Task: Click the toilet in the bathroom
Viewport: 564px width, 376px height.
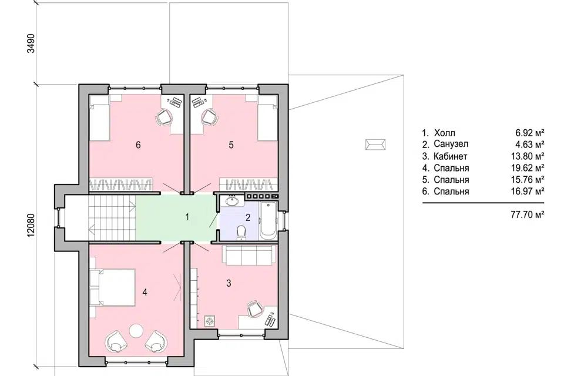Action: click(241, 232)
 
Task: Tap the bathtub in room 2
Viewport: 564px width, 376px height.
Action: click(268, 220)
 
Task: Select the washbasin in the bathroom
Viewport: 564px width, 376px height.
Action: click(233, 201)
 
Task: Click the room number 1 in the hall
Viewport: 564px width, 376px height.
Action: click(187, 217)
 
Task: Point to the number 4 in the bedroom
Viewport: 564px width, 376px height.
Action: click(145, 292)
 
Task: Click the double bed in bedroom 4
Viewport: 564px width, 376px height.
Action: click(112, 287)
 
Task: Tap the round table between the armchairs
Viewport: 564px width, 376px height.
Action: click(136, 331)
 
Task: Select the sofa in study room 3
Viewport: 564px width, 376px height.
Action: click(249, 254)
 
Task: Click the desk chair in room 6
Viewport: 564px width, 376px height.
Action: click(163, 117)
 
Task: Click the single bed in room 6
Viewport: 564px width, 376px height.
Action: click(99, 117)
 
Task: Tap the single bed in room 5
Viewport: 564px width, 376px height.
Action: click(268, 117)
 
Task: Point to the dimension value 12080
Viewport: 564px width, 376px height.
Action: click(31, 225)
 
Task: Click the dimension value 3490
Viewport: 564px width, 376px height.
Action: click(31, 43)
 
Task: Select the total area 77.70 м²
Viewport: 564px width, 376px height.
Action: click(527, 215)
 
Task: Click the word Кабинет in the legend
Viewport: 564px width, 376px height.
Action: click(451, 156)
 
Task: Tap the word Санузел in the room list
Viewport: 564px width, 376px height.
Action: click(451, 145)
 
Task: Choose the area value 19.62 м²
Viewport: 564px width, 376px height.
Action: click(527, 168)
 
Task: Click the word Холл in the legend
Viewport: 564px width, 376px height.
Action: click(444, 133)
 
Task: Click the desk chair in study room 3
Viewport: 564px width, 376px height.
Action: click(255, 308)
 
